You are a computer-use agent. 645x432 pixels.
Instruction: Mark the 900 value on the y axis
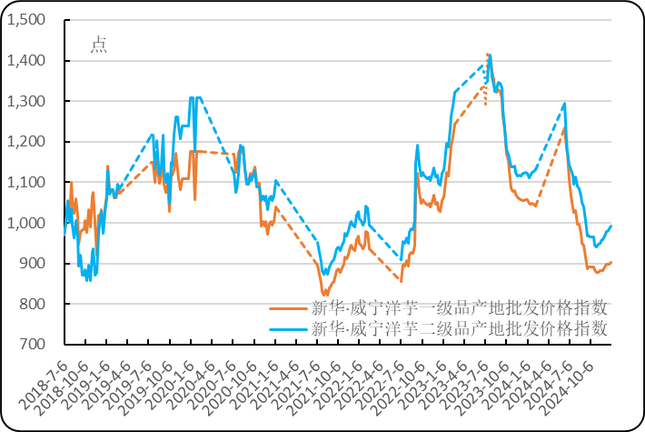[29, 264]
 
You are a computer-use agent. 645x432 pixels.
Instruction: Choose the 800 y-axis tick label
[29, 304]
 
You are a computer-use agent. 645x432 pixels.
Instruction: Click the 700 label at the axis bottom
[29, 344]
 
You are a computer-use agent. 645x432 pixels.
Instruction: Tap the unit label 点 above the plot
[98, 45]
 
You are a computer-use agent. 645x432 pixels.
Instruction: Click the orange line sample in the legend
[289, 308]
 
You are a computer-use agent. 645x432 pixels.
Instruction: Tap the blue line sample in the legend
[289, 328]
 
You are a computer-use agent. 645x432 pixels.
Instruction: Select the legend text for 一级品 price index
[459, 308]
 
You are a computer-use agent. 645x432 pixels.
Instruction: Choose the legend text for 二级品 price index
[459, 328]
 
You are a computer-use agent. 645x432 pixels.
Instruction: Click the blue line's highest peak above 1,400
[489, 55]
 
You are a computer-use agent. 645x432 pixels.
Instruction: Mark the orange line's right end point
[611, 262]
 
